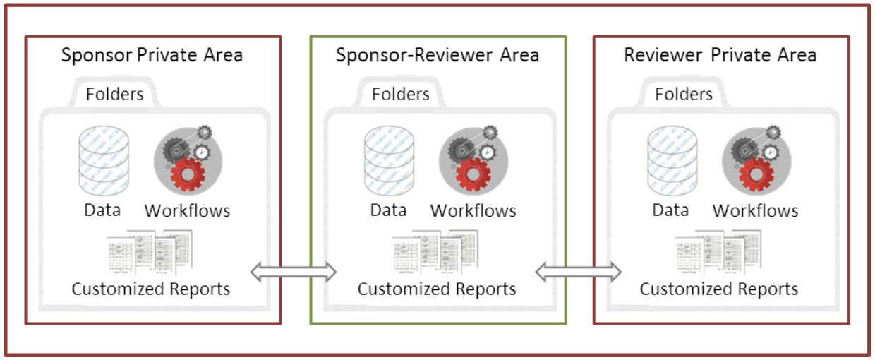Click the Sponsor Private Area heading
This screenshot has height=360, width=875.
152,55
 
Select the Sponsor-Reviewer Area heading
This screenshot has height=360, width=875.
437,55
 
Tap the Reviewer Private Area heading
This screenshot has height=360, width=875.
720,55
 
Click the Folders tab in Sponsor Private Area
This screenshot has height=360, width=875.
115,94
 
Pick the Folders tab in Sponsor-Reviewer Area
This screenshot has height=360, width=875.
401,94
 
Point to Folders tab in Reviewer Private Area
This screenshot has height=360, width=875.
684,94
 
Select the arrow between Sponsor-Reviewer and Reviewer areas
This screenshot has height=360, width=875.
579,272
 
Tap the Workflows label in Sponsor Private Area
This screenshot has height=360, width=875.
187,210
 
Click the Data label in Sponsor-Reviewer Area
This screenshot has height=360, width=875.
389,210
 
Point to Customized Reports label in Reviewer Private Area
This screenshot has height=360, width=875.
719,289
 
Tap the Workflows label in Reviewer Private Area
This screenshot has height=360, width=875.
755,210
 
